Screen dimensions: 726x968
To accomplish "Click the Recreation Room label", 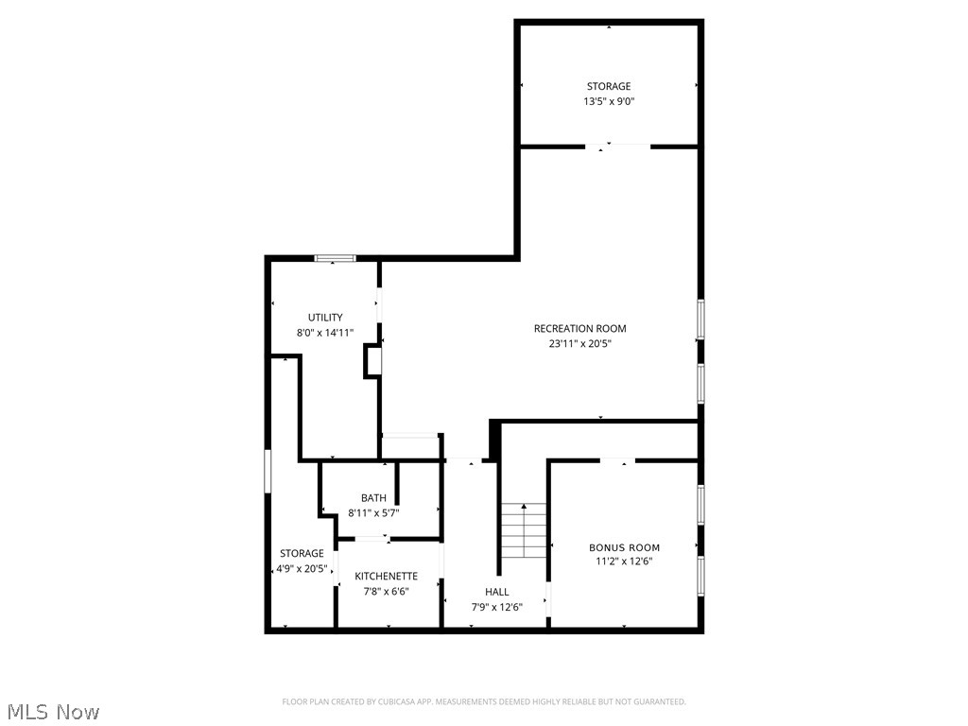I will click(579, 329).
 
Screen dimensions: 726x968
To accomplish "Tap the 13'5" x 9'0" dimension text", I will click(608, 101).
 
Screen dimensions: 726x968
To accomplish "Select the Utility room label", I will click(325, 318).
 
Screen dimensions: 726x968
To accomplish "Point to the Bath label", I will click(373, 498).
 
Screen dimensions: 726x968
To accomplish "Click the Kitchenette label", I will click(386, 576).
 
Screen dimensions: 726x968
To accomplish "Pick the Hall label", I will click(496, 592).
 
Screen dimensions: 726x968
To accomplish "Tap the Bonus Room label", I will click(624, 547).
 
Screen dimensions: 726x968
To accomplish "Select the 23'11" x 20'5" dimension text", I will click(579, 344).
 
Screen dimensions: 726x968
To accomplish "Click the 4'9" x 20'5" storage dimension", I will click(302, 569).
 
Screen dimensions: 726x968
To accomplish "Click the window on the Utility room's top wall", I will click(335, 257).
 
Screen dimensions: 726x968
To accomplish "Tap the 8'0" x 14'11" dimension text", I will click(325, 333).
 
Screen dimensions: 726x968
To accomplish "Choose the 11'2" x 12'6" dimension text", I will click(624, 562).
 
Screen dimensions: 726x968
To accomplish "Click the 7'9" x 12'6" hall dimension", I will click(496, 607).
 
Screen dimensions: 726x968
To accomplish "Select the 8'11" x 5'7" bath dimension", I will click(373, 513).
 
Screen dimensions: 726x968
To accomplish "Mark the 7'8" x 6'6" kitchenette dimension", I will click(386, 591).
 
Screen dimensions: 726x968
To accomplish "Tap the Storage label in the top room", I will click(608, 86).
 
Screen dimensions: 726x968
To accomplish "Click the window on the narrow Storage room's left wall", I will click(268, 470).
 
